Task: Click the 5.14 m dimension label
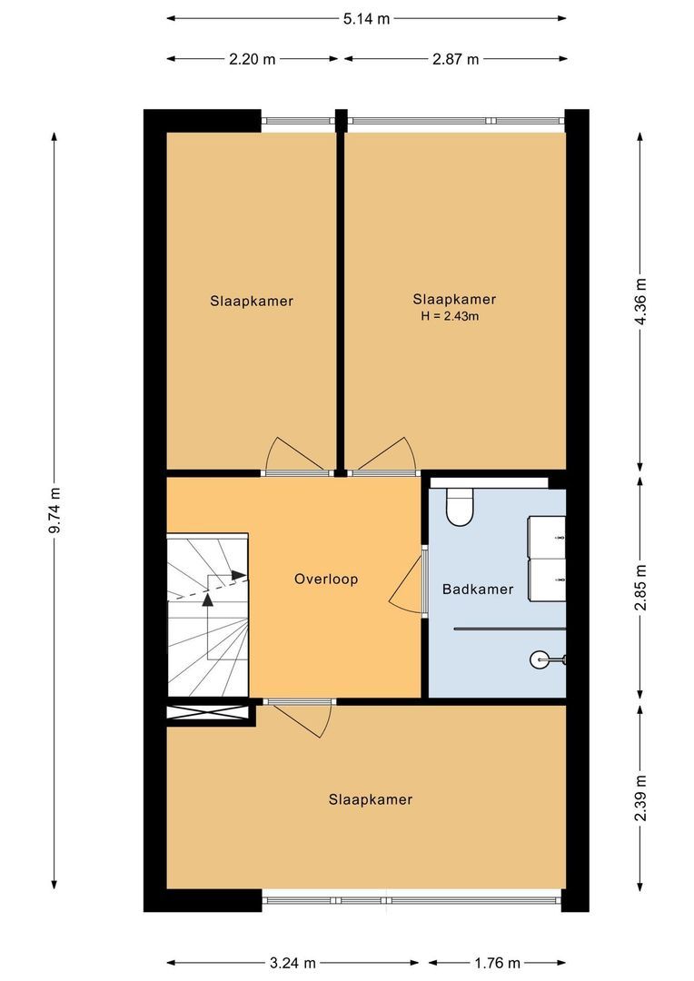coord(367,18)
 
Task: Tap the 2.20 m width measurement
coord(253,59)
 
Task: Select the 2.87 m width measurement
coord(454,59)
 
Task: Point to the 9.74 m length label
coord(55,510)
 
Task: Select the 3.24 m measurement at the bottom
coord(292,963)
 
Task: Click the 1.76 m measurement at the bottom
coord(496,963)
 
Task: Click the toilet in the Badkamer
coord(460,506)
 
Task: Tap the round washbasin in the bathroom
coord(540,658)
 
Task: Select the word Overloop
coord(326,579)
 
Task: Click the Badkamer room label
coord(478,590)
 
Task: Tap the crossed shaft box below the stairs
coord(208,714)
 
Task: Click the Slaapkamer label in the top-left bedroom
coord(252,301)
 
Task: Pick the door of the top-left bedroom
coord(294,455)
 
